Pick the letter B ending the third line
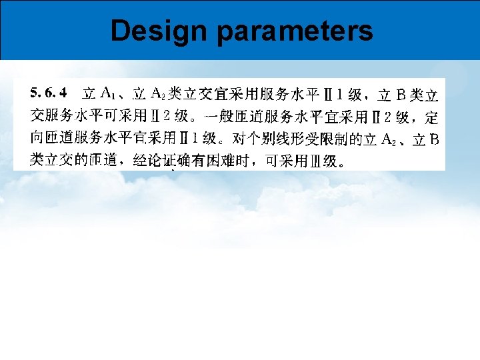(433, 139)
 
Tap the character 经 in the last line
(140, 161)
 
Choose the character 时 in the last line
(252, 161)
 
